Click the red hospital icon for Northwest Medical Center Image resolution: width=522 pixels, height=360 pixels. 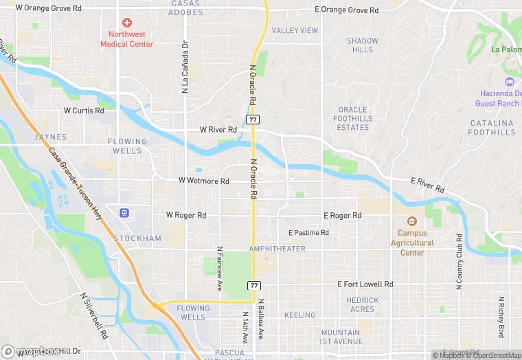point(127,23)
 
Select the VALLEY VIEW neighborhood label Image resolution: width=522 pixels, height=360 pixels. point(295,30)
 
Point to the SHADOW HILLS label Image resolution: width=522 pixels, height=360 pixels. point(362,45)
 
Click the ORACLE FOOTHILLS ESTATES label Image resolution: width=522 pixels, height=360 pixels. point(353,119)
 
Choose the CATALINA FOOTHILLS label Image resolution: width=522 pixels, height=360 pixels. point(492,128)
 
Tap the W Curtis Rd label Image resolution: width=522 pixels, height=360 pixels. point(84,110)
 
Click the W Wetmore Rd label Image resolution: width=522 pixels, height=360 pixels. point(203,181)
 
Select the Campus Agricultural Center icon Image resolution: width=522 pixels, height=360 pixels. point(412,221)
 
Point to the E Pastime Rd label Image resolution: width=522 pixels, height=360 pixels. point(308,233)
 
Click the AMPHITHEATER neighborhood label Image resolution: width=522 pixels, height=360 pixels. point(277,249)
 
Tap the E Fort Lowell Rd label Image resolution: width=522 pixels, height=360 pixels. point(365,284)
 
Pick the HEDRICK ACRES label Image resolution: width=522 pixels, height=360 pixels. point(362,304)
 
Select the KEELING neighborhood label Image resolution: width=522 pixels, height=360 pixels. point(299,315)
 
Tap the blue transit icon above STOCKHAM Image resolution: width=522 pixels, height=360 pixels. point(124,214)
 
